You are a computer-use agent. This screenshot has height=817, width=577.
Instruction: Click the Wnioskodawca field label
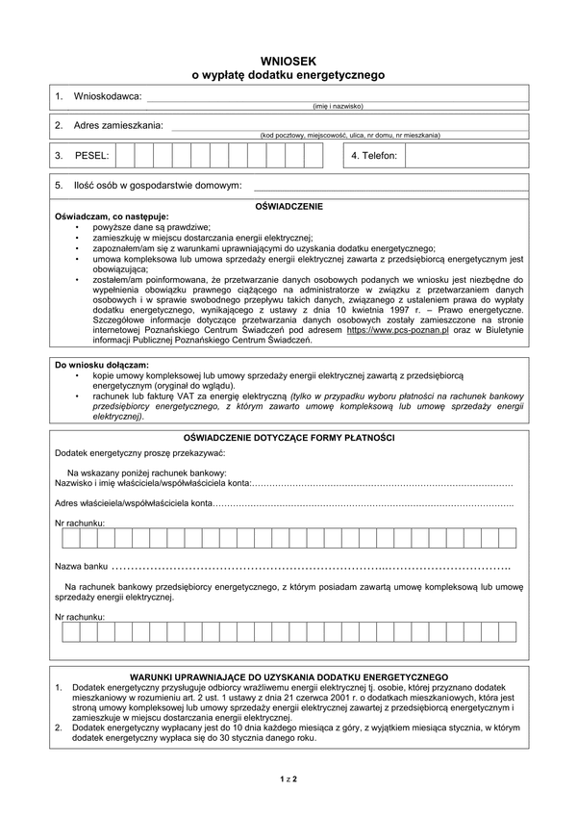[97, 96]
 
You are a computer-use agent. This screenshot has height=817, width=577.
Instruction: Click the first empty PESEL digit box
[124, 155]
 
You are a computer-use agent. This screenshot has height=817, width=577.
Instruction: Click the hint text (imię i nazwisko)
[337, 106]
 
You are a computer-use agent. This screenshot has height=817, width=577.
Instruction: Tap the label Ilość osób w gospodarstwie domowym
[147, 185]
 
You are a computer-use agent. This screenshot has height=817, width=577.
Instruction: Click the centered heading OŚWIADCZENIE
[288, 206]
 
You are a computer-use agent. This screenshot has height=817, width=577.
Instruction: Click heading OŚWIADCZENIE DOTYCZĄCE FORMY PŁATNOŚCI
[288, 438]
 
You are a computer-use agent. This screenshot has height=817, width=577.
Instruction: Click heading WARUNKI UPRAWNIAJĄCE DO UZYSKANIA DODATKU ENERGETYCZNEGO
[288, 677]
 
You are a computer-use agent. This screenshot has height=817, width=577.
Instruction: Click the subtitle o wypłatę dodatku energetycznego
[288, 74]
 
